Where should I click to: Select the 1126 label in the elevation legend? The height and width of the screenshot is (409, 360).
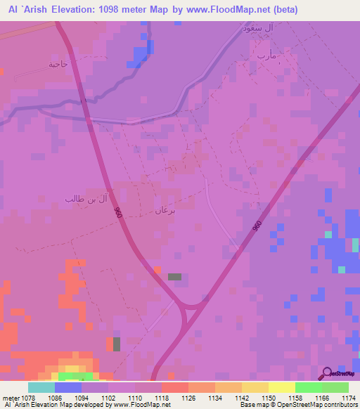point(188,398)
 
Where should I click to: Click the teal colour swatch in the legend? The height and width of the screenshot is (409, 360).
point(41,387)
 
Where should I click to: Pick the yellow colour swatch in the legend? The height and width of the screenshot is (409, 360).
point(281,387)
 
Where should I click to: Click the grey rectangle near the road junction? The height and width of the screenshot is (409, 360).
point(174,277)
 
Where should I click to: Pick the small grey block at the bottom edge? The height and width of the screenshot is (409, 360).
point(117,344)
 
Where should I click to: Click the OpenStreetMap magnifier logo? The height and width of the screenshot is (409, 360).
point(327,374)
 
